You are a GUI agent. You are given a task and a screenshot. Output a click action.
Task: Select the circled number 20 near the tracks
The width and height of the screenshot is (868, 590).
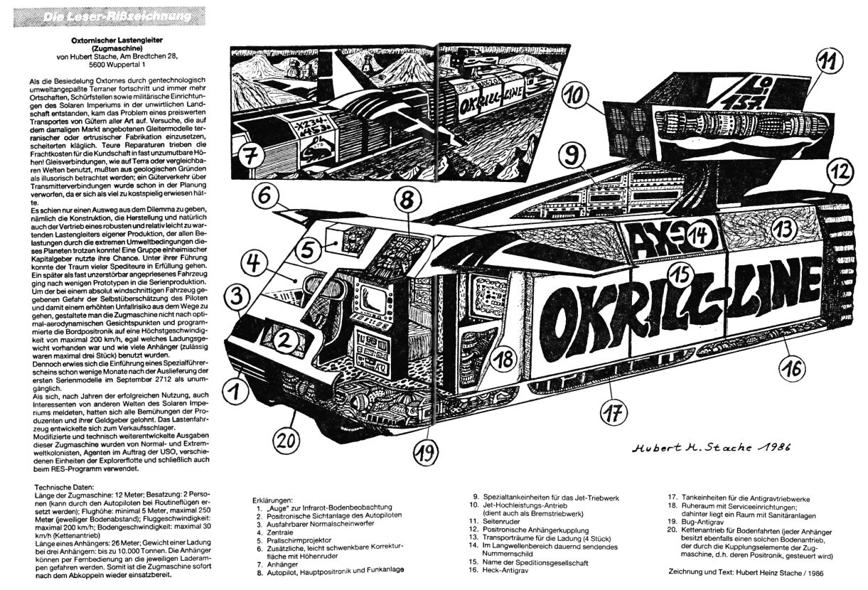point(284,440)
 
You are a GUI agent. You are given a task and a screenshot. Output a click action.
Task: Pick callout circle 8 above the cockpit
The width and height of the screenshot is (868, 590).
point(406,201)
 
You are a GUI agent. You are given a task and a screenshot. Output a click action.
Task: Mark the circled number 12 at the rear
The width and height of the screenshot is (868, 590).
point(840,171)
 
